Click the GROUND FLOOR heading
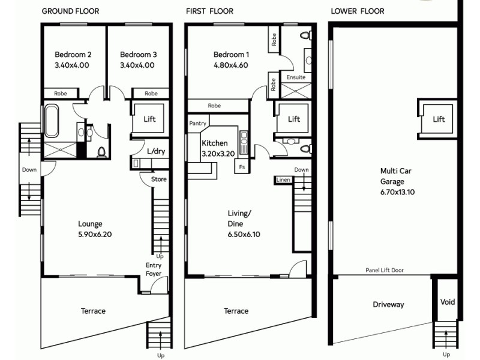tap(70, 11)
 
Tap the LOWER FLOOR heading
tap(358, 11)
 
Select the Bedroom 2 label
tap(72, 53)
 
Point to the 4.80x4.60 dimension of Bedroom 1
tap(231, 65)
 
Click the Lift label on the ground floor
tap(149, 119)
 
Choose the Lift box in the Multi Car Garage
tap(439, 119)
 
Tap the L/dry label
tap(155, 151)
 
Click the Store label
tap(158, 179)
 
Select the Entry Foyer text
tap(154, 270)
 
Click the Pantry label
tap(197, 123)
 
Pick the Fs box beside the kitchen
tap(242, 166)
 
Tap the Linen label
tap(283, 179)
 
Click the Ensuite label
tap(296, 77)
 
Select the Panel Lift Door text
tap(385, 270)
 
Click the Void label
tap(447, 302)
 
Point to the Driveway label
tap(388, 305)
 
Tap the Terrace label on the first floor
tap(236, 311)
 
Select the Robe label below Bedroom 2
tap(61, 94)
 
